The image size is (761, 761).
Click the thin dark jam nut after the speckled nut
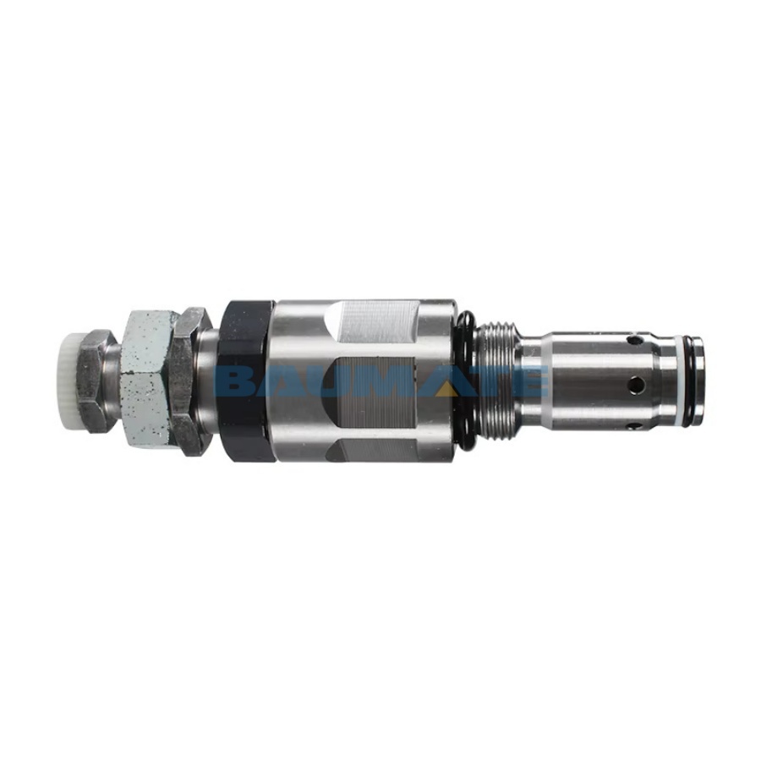[x=190, y=381]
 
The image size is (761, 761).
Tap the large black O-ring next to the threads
[x=465, y=379]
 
